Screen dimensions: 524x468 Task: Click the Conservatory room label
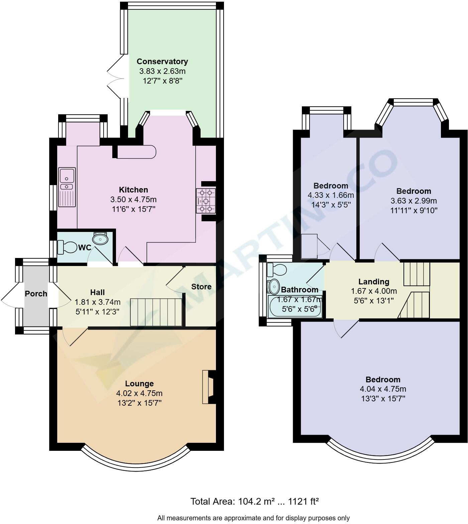pos(162,61)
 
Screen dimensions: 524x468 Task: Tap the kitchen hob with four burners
pos(206,201)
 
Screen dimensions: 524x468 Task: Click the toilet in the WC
pos(67,247)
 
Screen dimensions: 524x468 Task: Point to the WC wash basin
pos(100,239)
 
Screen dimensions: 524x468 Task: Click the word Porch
pos(36,294)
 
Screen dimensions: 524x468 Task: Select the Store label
pos(201,287)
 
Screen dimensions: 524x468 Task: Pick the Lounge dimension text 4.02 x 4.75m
pos(139,393)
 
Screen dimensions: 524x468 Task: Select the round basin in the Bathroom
pos(274,286)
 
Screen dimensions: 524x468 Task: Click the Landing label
pos(374,281)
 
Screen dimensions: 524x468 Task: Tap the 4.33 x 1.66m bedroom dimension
pos(330,195)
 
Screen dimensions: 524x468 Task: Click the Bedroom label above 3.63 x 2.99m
pos(414,191)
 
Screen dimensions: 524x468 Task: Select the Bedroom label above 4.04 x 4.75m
pos(383,380)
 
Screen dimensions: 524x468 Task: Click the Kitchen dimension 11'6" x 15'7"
pos(133,209)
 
